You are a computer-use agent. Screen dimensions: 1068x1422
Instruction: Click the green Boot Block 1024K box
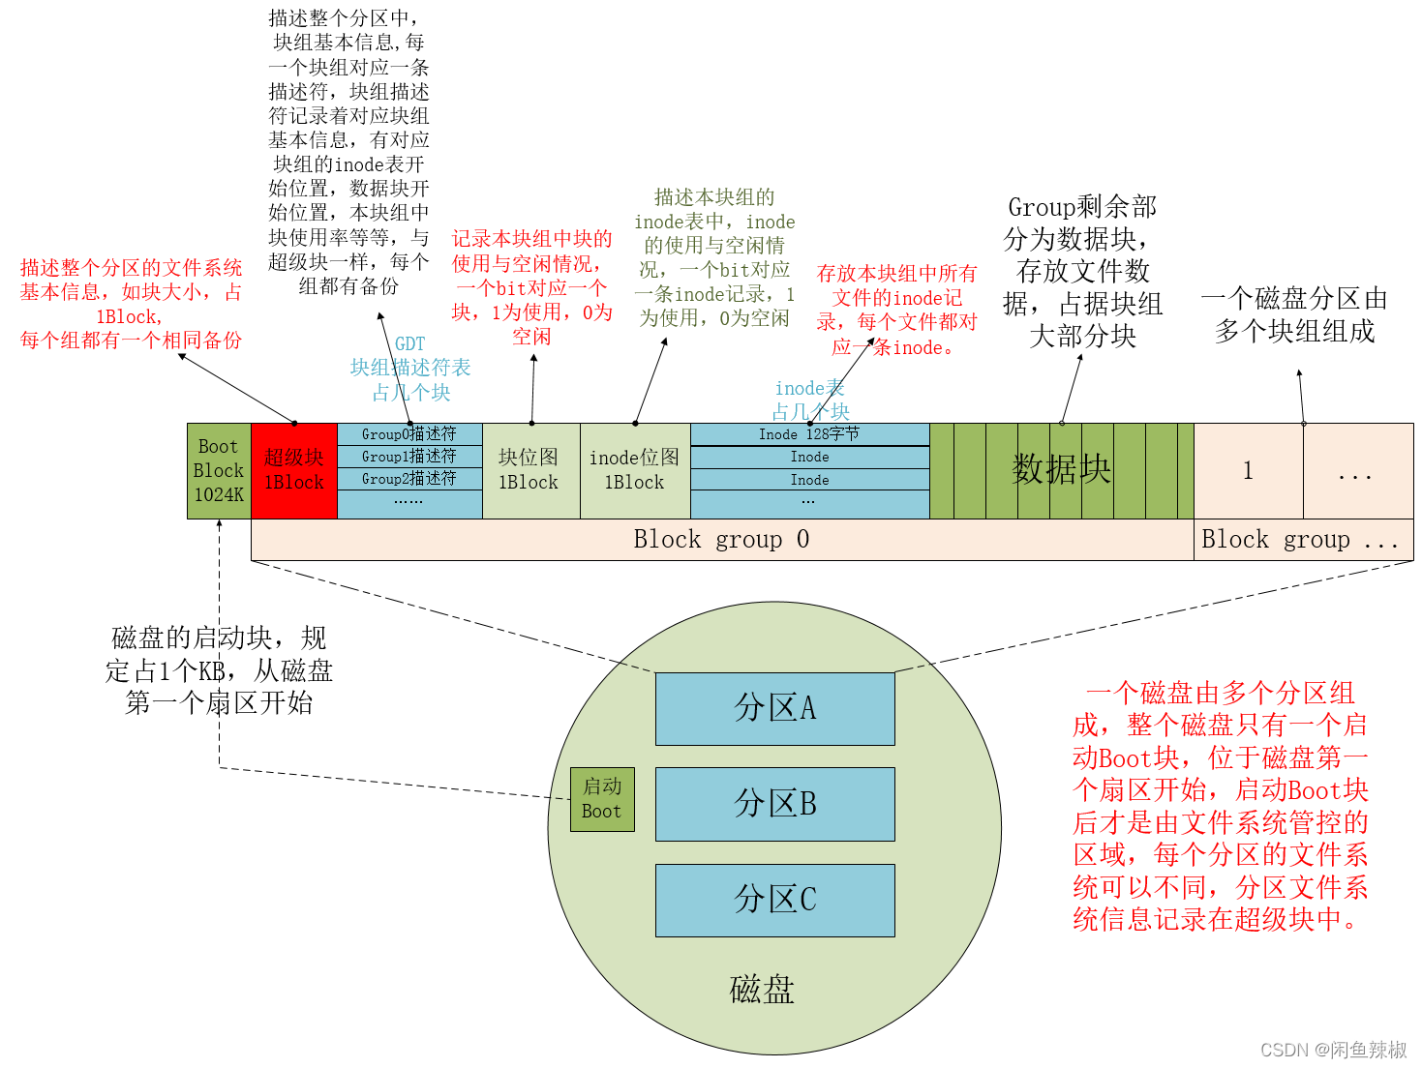click(x=219, y=471)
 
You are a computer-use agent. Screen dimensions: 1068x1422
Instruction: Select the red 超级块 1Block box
click(x=293, y=471)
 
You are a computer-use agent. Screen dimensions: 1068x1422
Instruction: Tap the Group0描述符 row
click(x=408, y=434)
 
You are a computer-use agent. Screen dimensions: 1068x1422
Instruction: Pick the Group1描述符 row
click(x=408, y=457)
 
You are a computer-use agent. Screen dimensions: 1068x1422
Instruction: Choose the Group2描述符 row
click(x=408, y=479)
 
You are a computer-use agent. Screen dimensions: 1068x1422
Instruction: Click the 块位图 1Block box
click(x=529, y=471)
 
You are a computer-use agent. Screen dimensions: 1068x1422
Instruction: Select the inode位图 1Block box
click(x=634, y=471)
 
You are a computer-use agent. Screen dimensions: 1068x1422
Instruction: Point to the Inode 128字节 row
click(x=809, y=434)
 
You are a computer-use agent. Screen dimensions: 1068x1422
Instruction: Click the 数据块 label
click(x=1061, y=470)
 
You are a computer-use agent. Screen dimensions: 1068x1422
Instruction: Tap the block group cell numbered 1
click(x=1248, y=471)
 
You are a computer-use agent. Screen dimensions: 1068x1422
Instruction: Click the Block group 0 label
click(x=721, y=540)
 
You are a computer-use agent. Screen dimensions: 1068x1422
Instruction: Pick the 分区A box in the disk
click(x=774, y=708)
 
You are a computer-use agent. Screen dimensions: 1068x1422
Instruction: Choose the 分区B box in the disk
click(x=774, y=804)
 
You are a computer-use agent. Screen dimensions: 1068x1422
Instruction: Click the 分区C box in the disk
click(x=774, y=900)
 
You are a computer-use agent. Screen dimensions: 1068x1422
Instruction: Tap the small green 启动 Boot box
click(x=602, y=799)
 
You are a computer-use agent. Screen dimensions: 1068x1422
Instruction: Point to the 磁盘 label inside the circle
click(x=762, y=990)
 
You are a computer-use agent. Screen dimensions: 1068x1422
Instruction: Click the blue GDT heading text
click(x=410, y=344)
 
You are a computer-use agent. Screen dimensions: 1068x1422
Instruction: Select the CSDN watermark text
click(x=1333, y=1050)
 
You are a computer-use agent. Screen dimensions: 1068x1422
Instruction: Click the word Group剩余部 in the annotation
click(x=1082, y=207)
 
